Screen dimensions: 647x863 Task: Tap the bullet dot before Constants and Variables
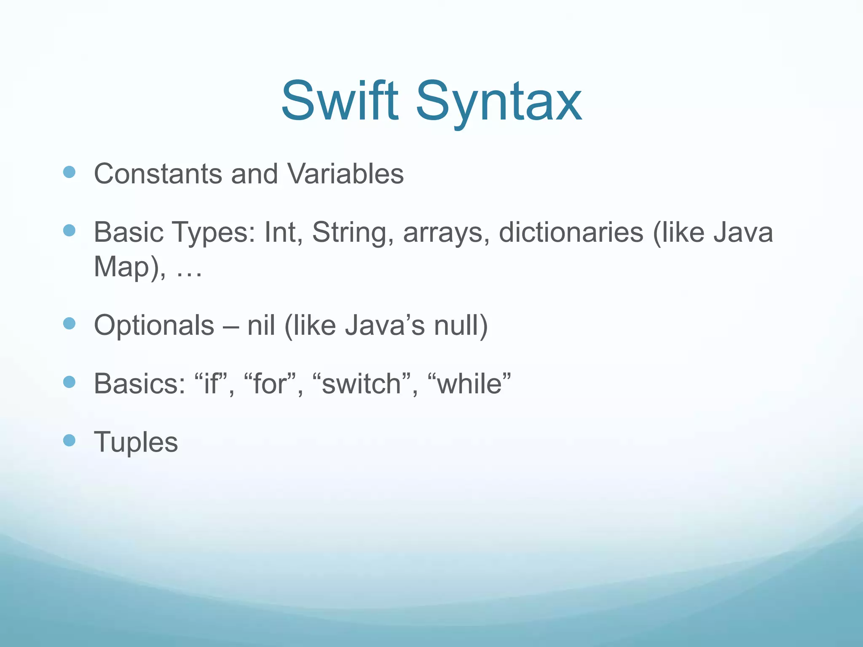[69, 172]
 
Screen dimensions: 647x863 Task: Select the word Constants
[158, 174]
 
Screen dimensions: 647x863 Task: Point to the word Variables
[345, 174]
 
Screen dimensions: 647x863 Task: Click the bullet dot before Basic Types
[69, 230]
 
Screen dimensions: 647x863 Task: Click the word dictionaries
[571, 233]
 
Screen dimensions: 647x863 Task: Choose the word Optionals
[154, 326]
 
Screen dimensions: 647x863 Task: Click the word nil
[261, 326]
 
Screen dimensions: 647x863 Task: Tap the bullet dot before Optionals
[69, 323]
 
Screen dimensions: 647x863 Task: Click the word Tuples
[136, 443]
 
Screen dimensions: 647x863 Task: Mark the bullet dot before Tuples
[69, 441]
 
